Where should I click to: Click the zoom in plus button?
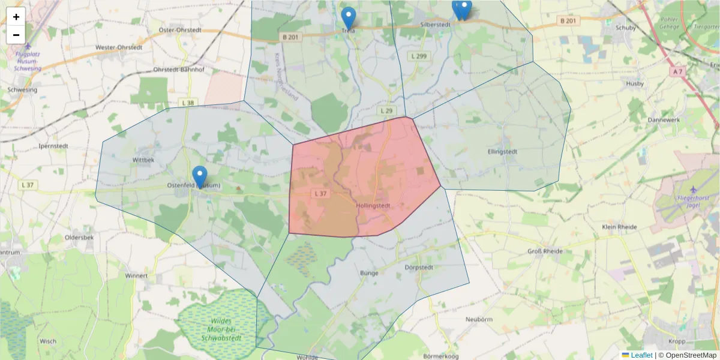pyautogui.click(x=16, y=17)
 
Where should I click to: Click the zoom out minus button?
pyautogui.click(x=16, y=35)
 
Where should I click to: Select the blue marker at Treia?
pyautogui.click(x=348, y=17)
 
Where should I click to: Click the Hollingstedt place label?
pyautogui.click(x=373, y=205)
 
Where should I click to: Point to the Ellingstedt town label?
pyautogui.click(x=503, y=151)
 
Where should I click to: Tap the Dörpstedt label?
pyautogui.click(x=419, y=267)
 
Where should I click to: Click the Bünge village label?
pyautogui.click(x=369, y=272)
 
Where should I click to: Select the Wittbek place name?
pyautogui.click(x=143, y=160)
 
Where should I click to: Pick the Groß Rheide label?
pyautogui.click(x=545, y=251)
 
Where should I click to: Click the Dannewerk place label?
pyautogui.click(x=662, y=119)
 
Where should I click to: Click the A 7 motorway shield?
pyautogui.click(x=678, y=71)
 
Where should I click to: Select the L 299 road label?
pyautogui.click(x=419, y=56)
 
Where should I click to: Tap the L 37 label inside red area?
pyautogui.click(x=320, y=193)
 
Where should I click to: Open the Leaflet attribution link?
pyautogui.click(x=640, y=355)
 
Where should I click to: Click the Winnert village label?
pyautogui.click(x=136, y=276)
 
